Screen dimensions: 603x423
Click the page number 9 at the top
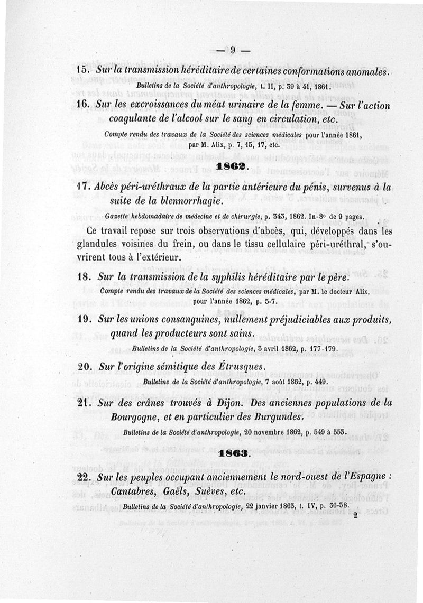tap(232, 51)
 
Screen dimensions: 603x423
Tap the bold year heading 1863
tap(233, 453)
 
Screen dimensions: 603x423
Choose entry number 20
tap(86, 367)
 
